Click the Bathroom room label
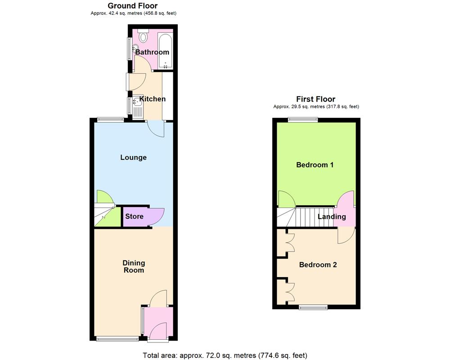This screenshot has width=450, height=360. [x=152, y=52]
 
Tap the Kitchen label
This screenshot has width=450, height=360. [x=153, y=99]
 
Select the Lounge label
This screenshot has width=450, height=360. [x=133, y=157]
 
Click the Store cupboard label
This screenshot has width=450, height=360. [x=134, y=216]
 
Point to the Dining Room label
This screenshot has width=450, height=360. [x=134, y=266]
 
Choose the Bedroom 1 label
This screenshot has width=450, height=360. [x=315, y=165]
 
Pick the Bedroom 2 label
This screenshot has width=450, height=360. [x=318, y=265]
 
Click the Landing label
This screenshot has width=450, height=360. [x=332, y=216]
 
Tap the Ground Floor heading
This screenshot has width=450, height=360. [x=133, y=6]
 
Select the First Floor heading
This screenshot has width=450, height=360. [x=315, y=99]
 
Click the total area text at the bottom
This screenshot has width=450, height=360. [x=225, y=355]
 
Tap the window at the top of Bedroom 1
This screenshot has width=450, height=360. [x=303, y=119]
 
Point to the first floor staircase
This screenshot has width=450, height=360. [x=306, y=217]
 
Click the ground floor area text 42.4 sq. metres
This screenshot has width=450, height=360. [x=133, y=13]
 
